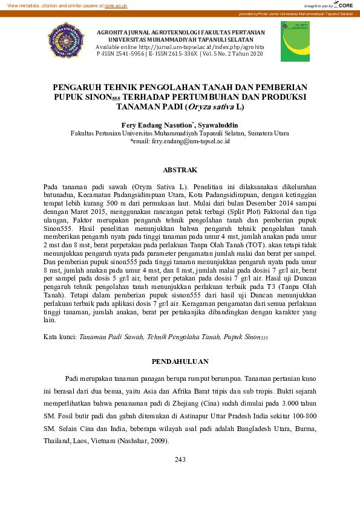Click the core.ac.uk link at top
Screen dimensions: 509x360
[116, 5]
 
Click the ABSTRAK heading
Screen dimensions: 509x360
[180, 170]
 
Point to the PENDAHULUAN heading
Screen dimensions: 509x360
[180, 361]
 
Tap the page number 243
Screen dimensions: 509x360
[180, 460]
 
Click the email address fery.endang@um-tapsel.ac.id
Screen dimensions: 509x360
[182, 140]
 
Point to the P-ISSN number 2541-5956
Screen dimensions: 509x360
[127, 54]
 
